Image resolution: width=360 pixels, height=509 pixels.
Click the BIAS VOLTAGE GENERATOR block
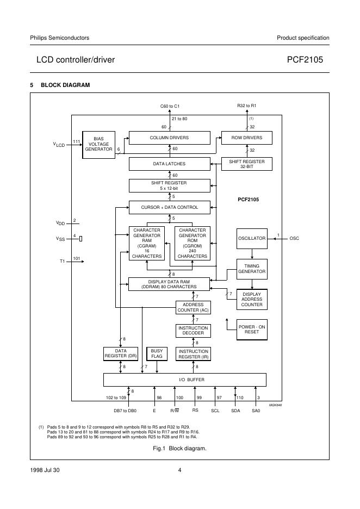pyautogui.click(x=98, y=144)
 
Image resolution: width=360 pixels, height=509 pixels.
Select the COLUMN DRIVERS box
pyautogui.click(x=169, y=138)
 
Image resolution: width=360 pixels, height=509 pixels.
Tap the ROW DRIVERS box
pyautogui.click(x=246, y=138)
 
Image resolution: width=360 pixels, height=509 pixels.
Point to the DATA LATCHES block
pyautogui.click(x=169, y=164)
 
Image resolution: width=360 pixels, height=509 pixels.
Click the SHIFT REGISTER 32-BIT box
pyautogui.click(x=246, y=164)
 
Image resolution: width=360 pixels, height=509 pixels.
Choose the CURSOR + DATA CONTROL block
pyautogui.click(x=169, y=207)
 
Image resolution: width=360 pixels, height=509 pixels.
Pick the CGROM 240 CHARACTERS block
pyautogui.click(x=193, y=243)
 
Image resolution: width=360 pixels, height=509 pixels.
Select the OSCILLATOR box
pyautogui.click(x=252, y=239)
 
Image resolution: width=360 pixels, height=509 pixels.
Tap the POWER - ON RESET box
pyautogui.click(x=252, y=329)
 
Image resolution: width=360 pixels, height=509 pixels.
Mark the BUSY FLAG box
pyautogui.click(x=157, y=353)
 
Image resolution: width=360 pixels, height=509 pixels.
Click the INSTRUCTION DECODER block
pyautogui.click(x=193, y=330)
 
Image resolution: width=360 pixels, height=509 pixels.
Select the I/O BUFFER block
pyautogui.click(x=184, y=380)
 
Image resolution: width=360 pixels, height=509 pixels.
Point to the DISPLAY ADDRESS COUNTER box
pyautogui.click(x=252, y=300)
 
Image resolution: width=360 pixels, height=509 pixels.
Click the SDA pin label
pyautogui.click(x=235, y=411)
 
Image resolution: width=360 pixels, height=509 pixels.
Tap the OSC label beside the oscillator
pyautogui.click(x=294, y=239)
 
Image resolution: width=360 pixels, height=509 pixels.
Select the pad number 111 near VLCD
pyautogui.click(x=76, y=141)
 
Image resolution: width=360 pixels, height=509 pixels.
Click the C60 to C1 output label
pyautogui.click(x=170, y=106)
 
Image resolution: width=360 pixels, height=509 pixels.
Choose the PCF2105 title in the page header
pyautogui.click(x=308, y=60)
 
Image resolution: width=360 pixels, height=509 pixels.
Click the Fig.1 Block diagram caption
pyautogui.click(x=179, y=448)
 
